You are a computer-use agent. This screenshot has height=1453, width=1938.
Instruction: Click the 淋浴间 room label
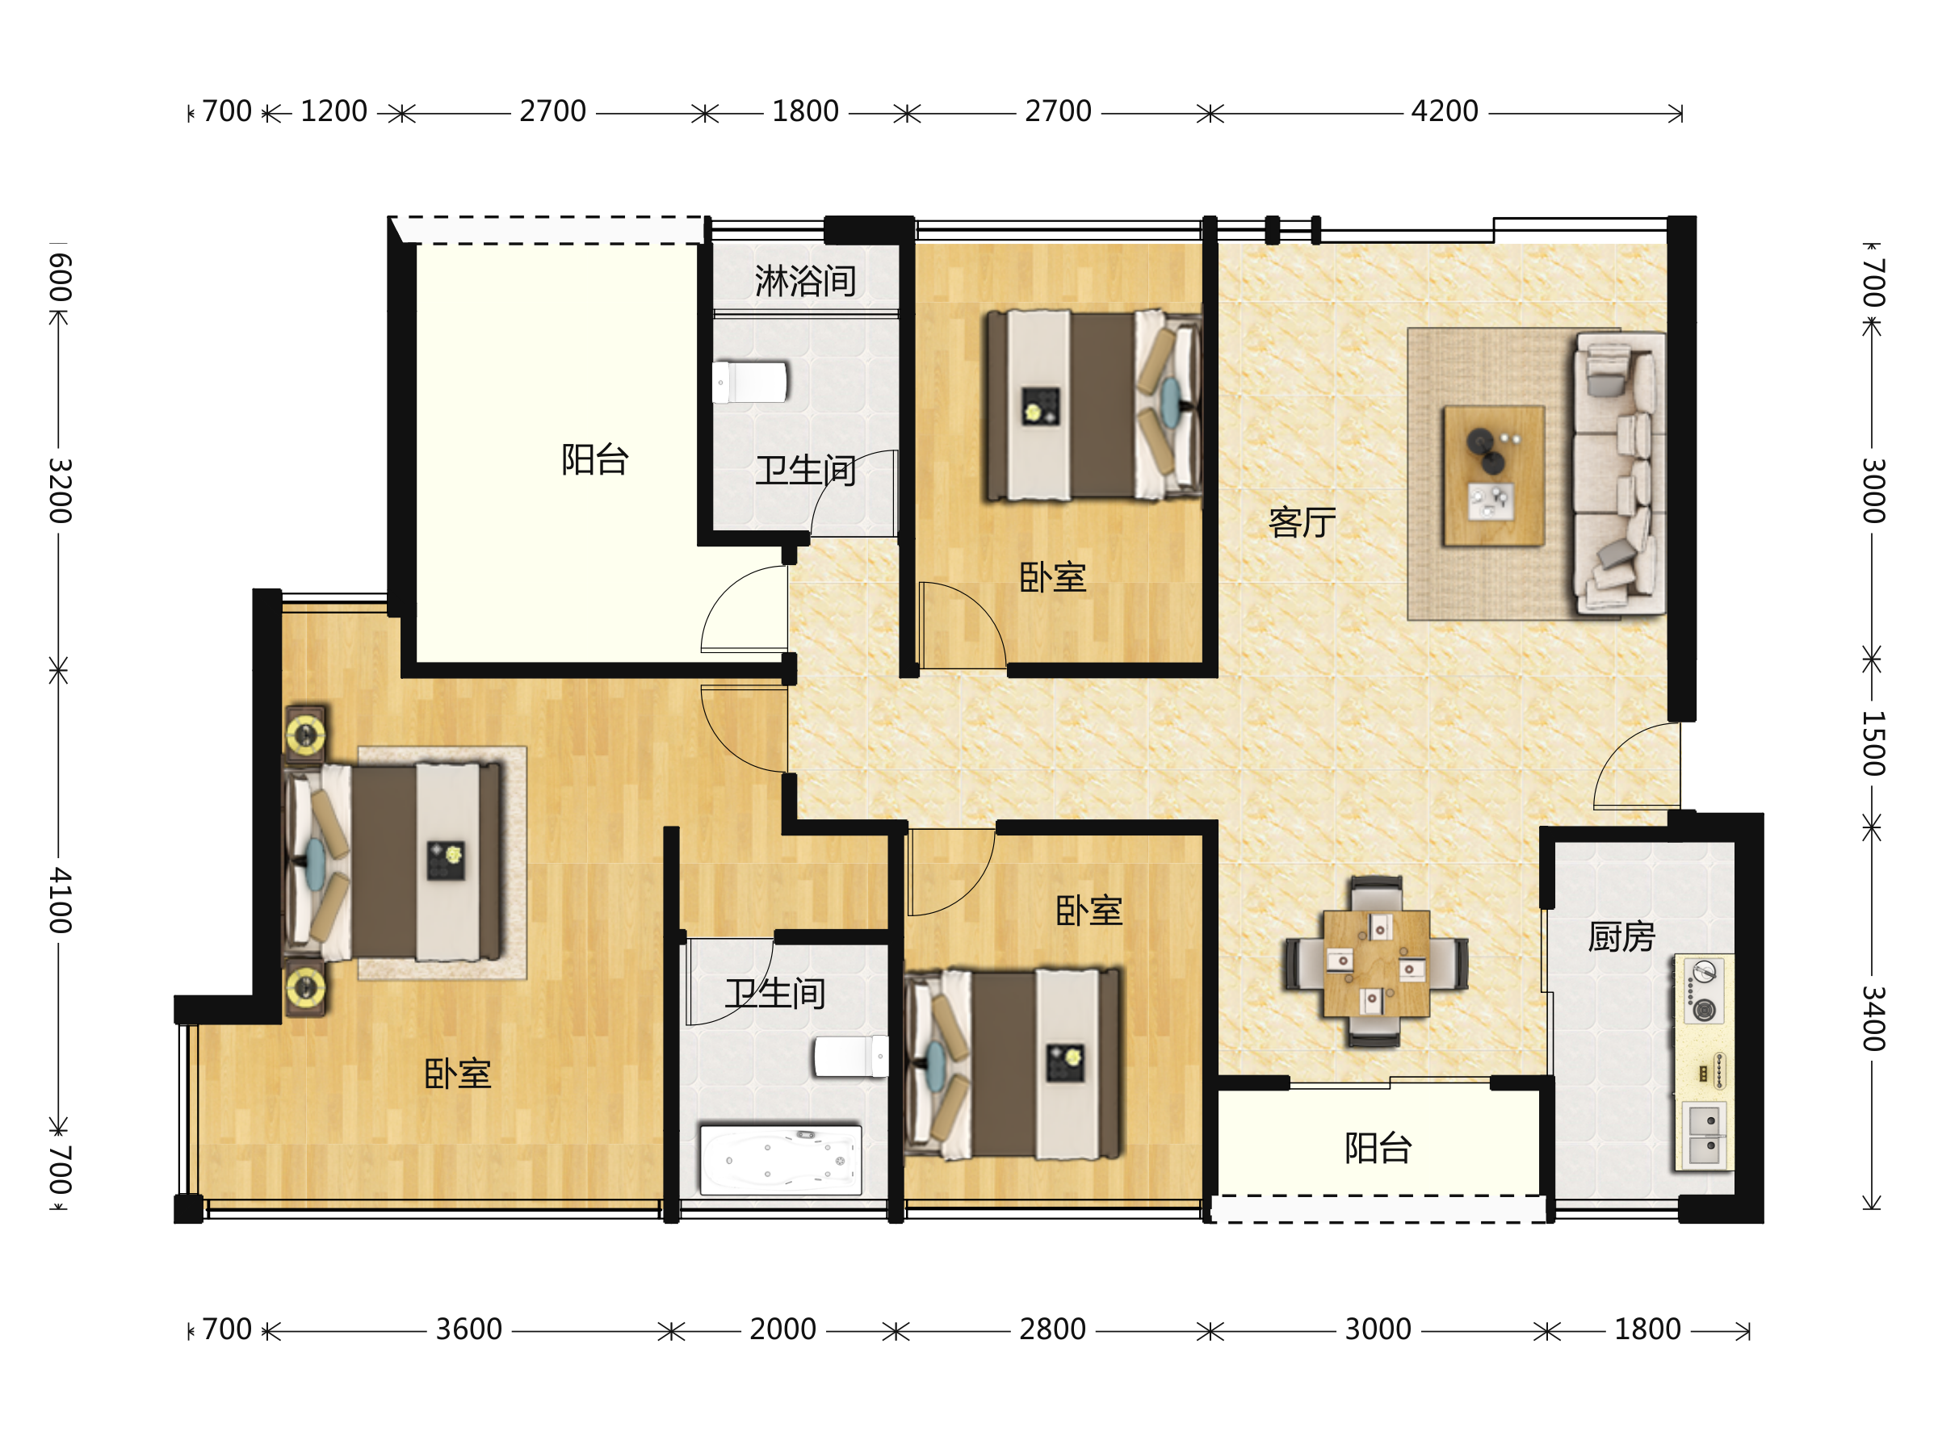pos(805,281)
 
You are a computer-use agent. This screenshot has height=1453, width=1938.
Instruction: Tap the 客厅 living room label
pos(1302,522)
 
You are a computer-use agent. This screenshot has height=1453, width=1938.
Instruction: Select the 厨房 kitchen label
pos(1621,937)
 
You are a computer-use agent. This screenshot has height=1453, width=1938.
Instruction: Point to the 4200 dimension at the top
pos(1444,111)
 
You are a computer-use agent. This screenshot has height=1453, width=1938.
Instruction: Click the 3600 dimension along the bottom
pos(468,1329)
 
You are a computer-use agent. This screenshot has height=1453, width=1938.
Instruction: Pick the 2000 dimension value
pos(782,1329)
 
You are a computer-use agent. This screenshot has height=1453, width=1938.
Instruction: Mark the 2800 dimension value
pos(1052,1329)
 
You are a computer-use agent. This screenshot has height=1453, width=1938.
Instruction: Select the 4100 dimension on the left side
pos(60,900)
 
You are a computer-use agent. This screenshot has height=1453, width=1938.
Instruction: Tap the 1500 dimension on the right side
pos(1873,743)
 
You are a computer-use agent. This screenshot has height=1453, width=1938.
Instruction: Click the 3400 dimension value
pos(1873,1018)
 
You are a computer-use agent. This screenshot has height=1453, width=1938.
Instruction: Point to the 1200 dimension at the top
pos(333,111)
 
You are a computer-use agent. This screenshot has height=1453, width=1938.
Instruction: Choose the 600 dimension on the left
pos(60,278)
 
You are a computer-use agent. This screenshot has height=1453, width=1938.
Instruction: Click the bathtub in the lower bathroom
pos(781,1161)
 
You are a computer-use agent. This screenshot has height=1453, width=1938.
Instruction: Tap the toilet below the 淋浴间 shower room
pos(750,383)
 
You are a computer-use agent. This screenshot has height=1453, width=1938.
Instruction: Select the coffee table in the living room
pos(1494,475)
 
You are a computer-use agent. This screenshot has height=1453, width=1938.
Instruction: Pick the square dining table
pos(1377,963)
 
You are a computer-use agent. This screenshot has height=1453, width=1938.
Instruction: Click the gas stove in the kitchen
pos(1704,990)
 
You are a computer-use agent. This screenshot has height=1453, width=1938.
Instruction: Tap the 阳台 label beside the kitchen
pos(1378,1147)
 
